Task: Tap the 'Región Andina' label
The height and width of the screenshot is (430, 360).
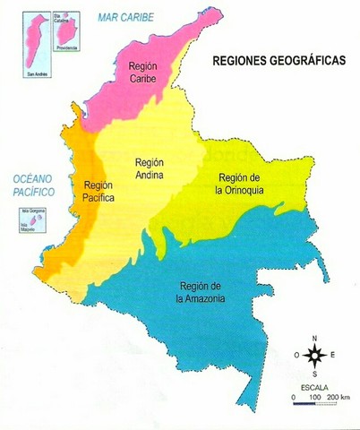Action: (149, 168)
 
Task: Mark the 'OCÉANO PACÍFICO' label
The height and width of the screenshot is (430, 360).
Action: (28, 185)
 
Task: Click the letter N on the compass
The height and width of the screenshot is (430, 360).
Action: (314, 338)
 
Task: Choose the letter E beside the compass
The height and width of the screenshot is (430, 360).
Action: (333, 355)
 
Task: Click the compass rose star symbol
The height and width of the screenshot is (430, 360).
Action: (314, 355)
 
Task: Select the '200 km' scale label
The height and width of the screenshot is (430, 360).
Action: (339, 395)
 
